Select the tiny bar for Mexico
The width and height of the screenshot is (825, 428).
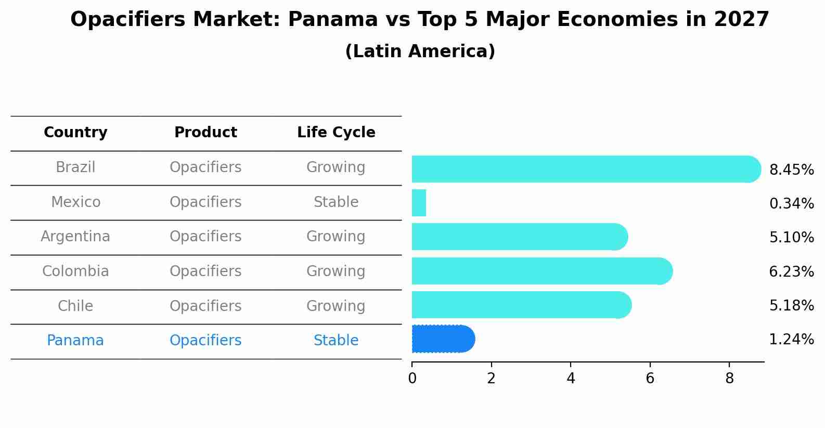click(x=419, y=203)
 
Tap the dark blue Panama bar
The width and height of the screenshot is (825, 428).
click(x=442, y=339)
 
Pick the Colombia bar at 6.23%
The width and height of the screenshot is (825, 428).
click(x=541, y=271)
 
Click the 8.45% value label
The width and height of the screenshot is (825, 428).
click(x=791, y=170)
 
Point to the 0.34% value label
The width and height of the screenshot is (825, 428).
click(x=791, y=204)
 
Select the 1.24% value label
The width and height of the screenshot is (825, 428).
click(x=791, y=340)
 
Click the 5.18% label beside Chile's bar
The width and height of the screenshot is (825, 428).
click(x=791, y=305)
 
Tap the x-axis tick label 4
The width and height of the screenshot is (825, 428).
click(x=571, y=379)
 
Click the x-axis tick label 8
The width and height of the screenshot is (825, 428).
click(x=729, y=379)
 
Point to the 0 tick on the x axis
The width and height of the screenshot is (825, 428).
click(x=412, y=379)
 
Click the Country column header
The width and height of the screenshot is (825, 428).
click(x=75, y=133)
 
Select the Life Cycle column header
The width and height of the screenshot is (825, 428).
click(x=336, y=133)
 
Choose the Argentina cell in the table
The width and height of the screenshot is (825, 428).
click(x=75, y=237)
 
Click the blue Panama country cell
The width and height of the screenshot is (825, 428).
click(x=75, y=341)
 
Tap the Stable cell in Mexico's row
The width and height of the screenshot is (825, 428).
click(x=336, y=202)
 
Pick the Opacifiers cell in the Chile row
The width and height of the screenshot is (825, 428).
click(x=205, y=306)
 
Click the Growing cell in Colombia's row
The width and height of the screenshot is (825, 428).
click(x=336, y=271)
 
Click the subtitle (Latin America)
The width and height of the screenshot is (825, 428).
click(x=420, y=51)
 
